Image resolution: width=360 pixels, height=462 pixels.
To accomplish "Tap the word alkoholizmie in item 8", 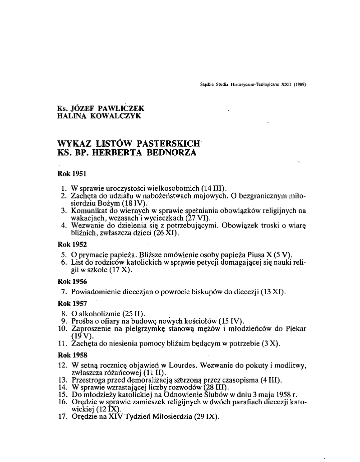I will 98,314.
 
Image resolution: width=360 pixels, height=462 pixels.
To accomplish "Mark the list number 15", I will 63,394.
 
